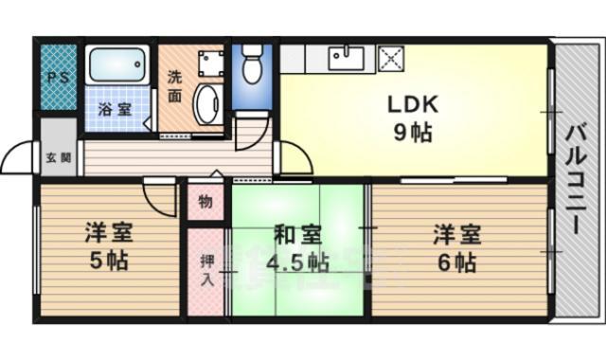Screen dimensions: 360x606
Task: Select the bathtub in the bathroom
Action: coord(117,66)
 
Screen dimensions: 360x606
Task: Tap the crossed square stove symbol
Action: coord(390,59)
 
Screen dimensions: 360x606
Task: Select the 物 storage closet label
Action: coord(205,201)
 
